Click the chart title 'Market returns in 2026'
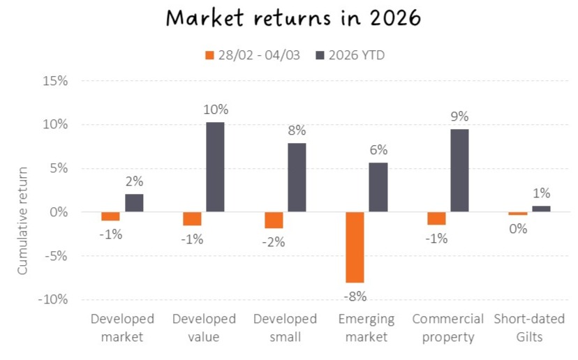(x=289, y=17)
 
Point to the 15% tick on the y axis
(x=54, y=81)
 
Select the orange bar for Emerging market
(x=354, y=247)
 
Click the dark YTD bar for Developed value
(x=215, y=167)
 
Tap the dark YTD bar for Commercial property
(x=459, y=170)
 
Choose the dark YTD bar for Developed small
(x=297, y=177)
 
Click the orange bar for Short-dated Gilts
(x=517, y=213)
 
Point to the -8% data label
(x=354, y=297)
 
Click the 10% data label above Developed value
(x=215, y=110)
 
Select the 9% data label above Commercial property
(x=459, y=117)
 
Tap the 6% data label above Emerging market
(x=378, y=150)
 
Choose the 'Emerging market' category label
(x=366, y=328)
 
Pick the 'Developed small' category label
(x=285, y=328)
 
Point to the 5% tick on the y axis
(x=57, y=168)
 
